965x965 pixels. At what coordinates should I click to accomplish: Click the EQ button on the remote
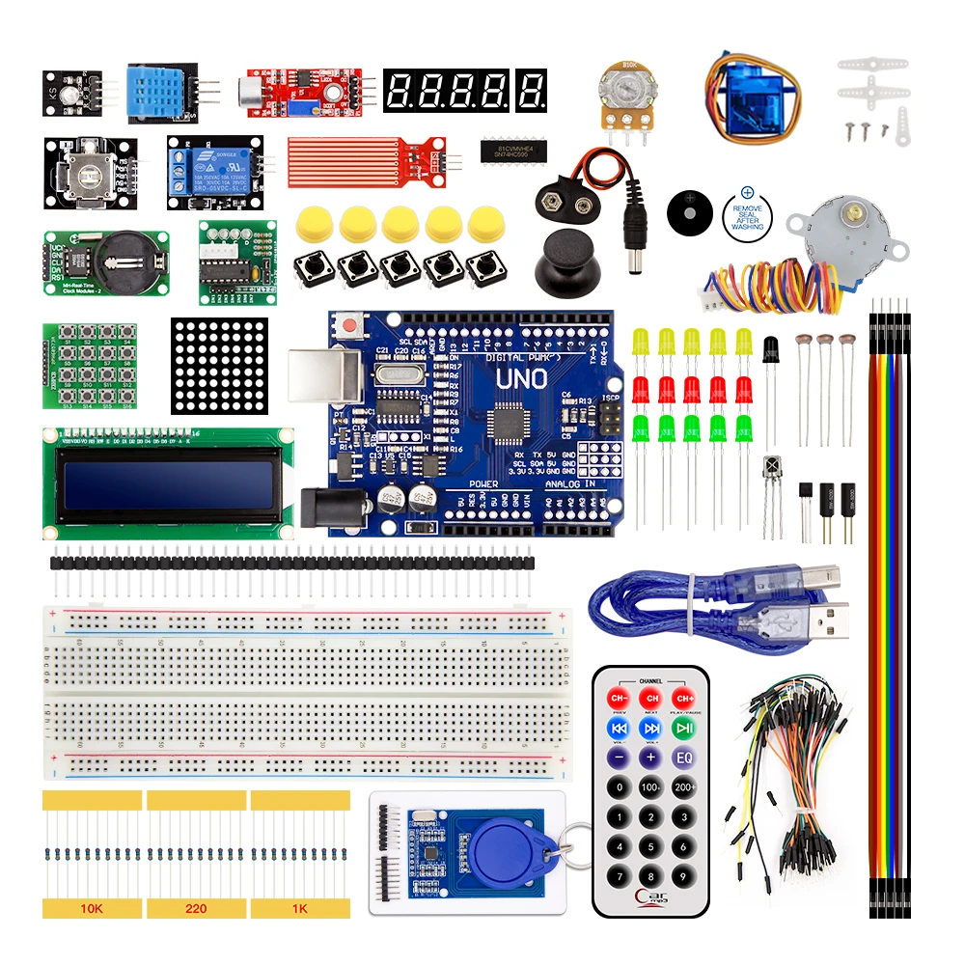coord(683,758)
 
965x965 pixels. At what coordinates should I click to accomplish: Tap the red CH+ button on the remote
coord(683,698)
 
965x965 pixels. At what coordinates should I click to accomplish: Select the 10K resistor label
coord(92,908)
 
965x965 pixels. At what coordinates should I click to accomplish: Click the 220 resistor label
coord(196,908)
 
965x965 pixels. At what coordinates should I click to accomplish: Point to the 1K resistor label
coord(300,908)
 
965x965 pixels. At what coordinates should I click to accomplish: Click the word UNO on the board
coord(521,379)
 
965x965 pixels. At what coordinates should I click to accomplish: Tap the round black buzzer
coord(689,210)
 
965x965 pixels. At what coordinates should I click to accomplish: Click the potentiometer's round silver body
coord(622,89)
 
